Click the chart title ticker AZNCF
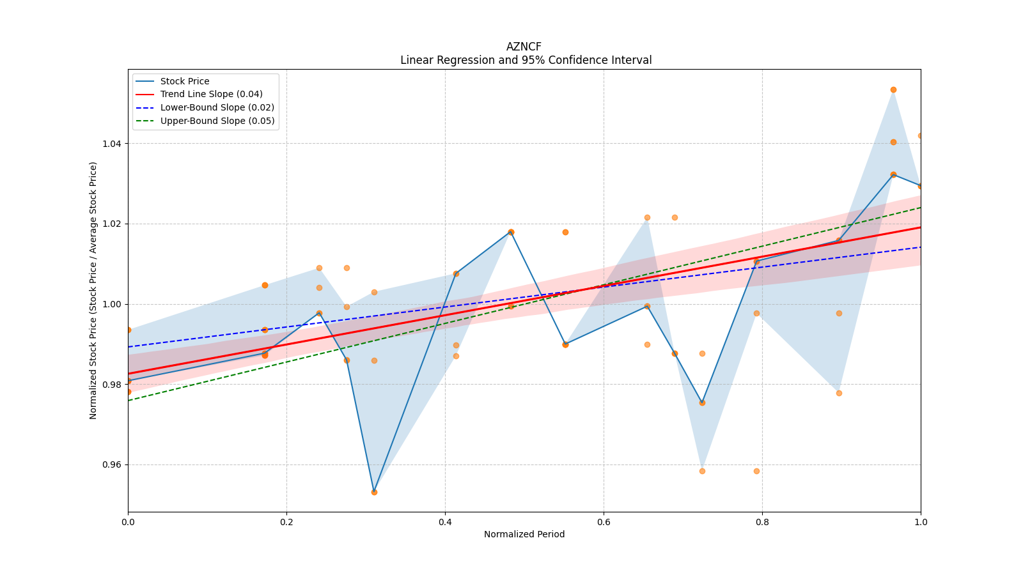524,47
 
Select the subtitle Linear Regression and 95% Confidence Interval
526,60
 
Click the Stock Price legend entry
184,81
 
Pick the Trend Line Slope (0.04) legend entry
211,94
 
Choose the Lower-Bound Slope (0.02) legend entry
217,107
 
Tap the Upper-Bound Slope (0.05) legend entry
217,121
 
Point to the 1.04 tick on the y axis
112,143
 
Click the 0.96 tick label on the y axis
112,464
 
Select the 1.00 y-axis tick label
112,304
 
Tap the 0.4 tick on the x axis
445,522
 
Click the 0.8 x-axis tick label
762,522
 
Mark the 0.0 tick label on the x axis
128,522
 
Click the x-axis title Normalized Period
524,534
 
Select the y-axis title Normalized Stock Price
93,291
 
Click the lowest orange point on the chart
374,492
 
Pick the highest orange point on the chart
893,89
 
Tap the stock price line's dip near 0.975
702,402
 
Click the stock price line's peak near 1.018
510,232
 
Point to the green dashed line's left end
129,401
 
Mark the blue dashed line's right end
920,247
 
